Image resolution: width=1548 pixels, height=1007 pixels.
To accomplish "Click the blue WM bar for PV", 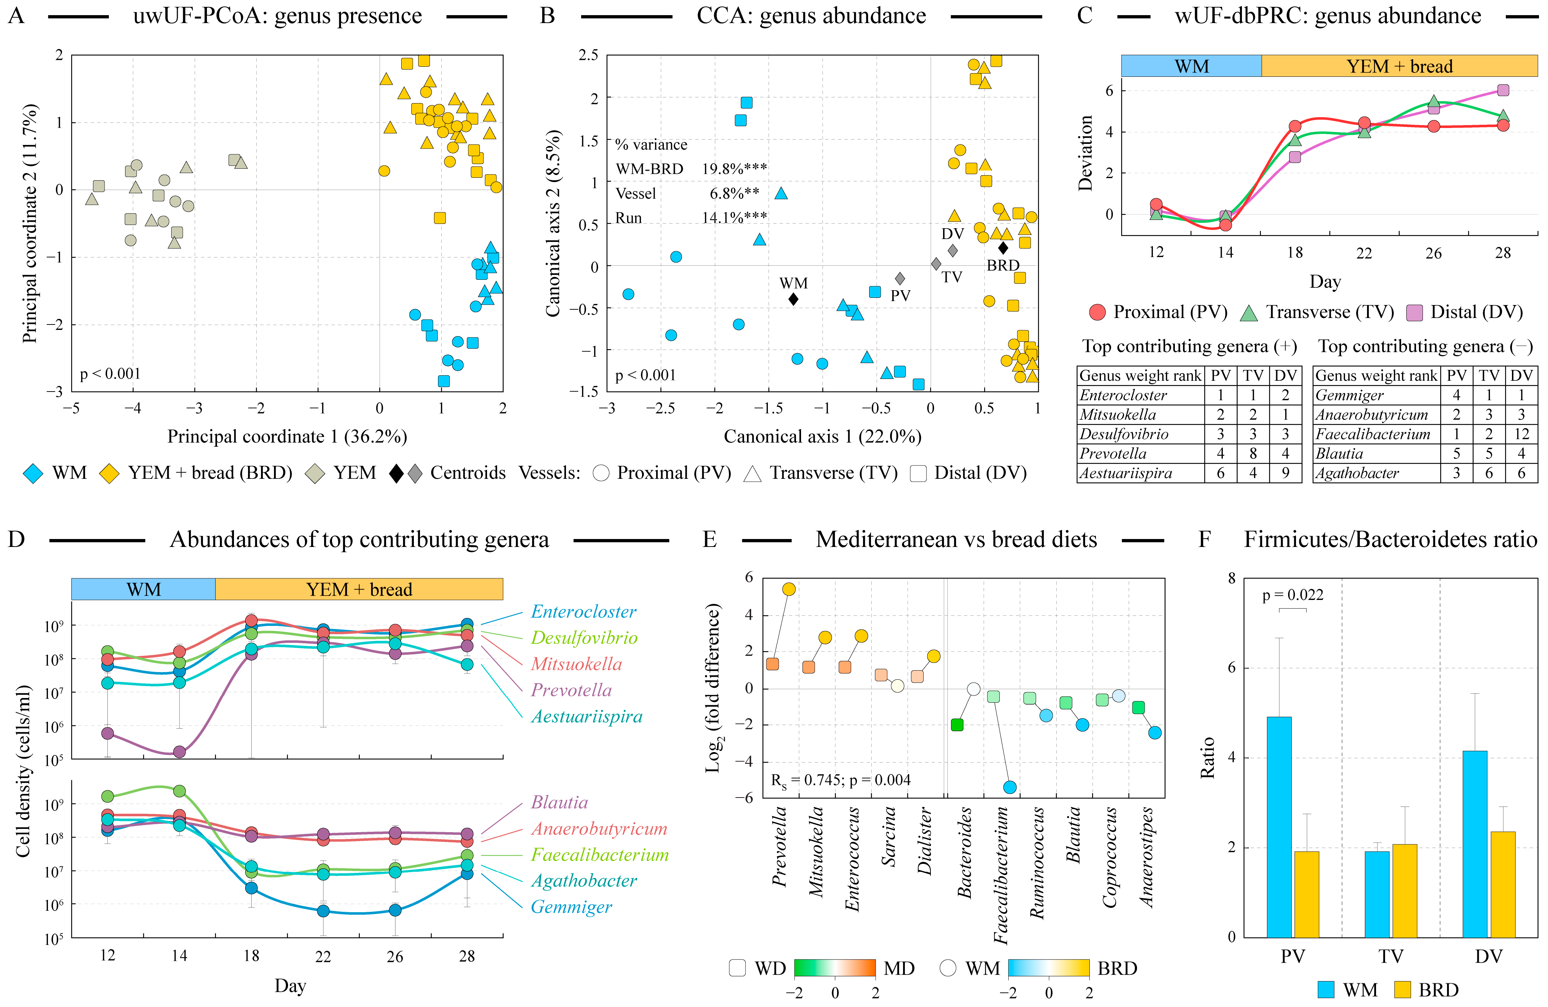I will point(1279,826).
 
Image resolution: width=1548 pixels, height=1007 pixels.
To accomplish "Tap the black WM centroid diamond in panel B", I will point(793,299).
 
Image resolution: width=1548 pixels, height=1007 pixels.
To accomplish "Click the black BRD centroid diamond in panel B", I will point(1003,248).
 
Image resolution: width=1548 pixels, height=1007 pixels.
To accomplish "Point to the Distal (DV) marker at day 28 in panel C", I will point(1503,90).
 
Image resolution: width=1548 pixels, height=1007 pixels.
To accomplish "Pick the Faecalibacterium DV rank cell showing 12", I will point(1521,434).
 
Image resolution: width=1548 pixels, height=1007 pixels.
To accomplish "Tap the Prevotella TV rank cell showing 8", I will point(1253,454).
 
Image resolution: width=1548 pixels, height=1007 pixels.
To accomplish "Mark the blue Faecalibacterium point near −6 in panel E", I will point(1009,787).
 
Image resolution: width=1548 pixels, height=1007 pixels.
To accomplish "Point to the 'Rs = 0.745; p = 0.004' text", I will point(840,780).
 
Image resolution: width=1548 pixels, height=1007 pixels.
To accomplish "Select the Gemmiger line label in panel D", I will point(571,907).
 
